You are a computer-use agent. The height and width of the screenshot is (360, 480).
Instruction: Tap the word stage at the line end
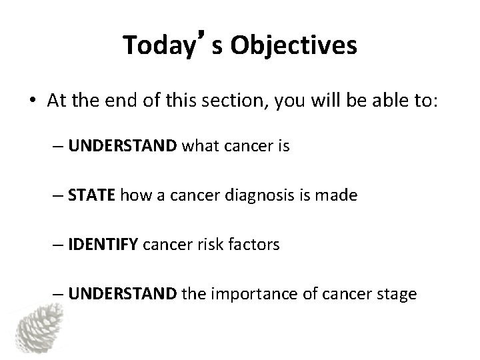coord(398,294)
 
